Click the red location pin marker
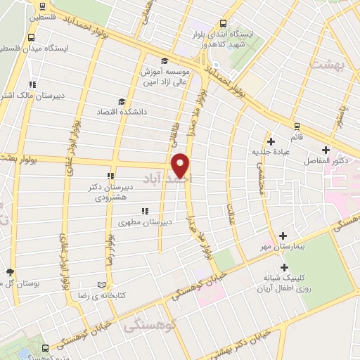pyautogui.click(x=181, y=166)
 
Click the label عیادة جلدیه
pyautogui.click(x=271, y=152)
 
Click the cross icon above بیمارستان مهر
pyautogui.click(x=283, y=236)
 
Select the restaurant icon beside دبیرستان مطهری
pyautogui.click(x=144, y=210)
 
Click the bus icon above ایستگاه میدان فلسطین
pyautogui.click(x=32, y=37)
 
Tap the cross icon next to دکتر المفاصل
pyautogui.click(x=326, y=150)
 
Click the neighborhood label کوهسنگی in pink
pyautogui.click(x=146, y=326)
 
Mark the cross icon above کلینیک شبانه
pyautogui.click(x=284, y=267)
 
